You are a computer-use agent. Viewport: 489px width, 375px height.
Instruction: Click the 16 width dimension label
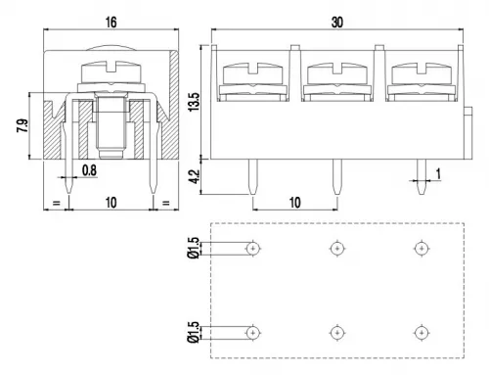pyautogui.click(x=111, y=23)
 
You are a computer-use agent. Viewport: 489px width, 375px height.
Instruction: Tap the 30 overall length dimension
pyautogui.click(x=337, y=23)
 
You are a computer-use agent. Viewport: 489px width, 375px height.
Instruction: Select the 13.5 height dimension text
pyautogui.click(x=194, y=102)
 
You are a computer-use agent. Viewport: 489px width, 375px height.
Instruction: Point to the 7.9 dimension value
pyautogui.click(x=22, y=125)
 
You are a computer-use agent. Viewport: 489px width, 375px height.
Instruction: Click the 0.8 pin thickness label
pyautogui.click(x=89, y=170)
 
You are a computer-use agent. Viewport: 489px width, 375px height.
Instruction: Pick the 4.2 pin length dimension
pyautogui.click(x=194, y=176)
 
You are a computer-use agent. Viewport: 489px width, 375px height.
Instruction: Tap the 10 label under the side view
pyautogui.click(x=111, y=203)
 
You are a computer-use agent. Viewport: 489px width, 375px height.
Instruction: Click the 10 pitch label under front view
pyautogui.click(x=294, y=203)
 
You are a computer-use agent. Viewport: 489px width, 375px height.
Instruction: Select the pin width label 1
pyautogui.click(x=438, y=174)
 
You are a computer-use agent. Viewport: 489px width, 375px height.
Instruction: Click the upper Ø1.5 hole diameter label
pyautogui.click(x=193, y=248)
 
